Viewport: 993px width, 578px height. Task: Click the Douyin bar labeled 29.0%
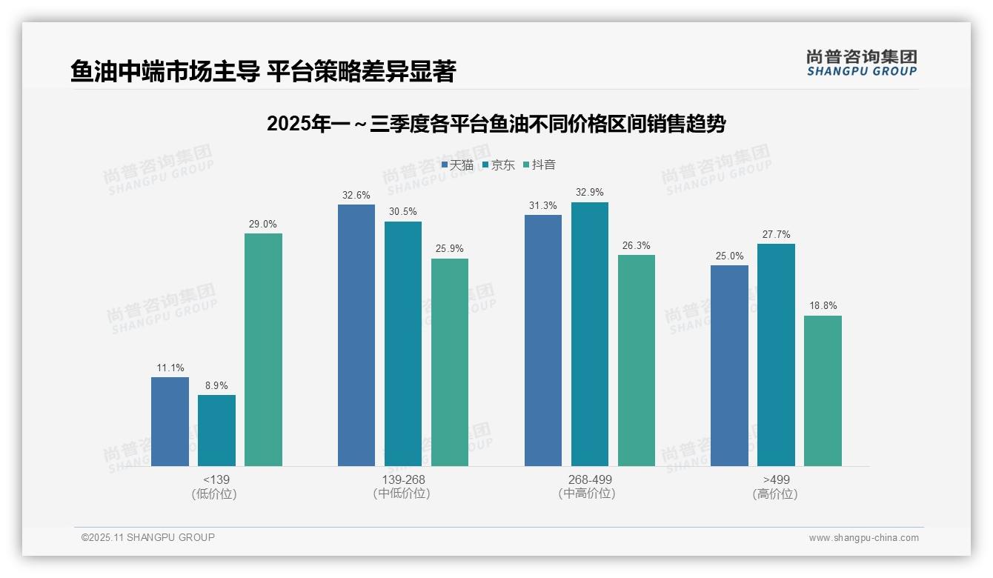[x=263, y=349]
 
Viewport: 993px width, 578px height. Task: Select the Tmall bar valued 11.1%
[x=170, y=421]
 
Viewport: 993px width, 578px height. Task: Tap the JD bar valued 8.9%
[x=216, y=430]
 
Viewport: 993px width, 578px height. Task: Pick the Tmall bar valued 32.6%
[x=356, y=335]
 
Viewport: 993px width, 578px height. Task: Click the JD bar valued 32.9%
[x=589, y=333]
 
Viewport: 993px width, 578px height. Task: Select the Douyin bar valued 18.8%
[x=823, y=391]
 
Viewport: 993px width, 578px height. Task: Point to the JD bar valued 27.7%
[x=776, y=354]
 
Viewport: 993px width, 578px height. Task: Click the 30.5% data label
[x=403, y=212]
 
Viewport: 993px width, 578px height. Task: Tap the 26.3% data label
[x=636, y=245]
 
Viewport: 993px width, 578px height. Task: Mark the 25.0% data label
[x=729, y=256]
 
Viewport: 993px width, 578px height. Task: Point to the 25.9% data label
[x=450, y=249]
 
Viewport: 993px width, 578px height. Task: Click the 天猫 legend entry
[x=457, y=165]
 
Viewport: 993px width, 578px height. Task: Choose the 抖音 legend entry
[x=539, y=165]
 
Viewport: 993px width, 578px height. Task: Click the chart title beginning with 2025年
[x=496, y=124]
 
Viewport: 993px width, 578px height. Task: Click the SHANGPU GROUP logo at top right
[x=861, y=63]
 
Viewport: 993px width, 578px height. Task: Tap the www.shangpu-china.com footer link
[x=863, y=538]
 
